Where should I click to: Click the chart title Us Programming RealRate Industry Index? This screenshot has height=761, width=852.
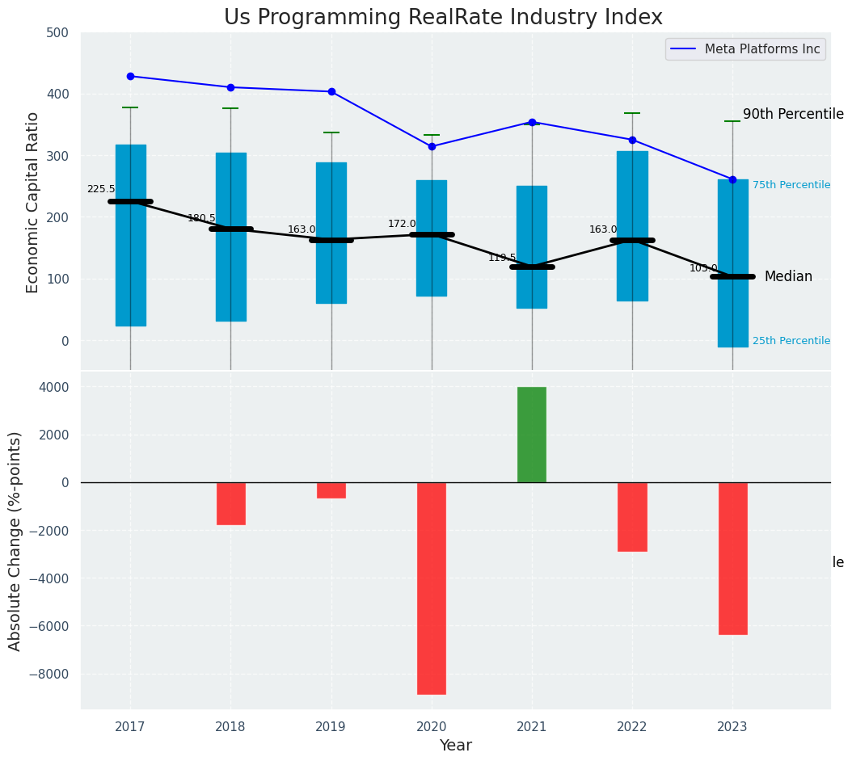coord(443,18)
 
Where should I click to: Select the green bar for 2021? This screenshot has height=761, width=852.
coord(532,435)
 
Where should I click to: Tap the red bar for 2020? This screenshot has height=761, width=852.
coord(432,588)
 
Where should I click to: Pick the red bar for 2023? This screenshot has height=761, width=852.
coord(732,558)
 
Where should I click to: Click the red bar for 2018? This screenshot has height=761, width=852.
coord(230,503)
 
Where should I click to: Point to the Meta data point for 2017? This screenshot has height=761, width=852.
coord(130,77)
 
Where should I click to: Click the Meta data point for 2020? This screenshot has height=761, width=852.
coord(432,147)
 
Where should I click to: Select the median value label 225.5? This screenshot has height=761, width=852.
coord(101,189)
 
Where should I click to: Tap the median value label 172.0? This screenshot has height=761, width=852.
coord(402,224)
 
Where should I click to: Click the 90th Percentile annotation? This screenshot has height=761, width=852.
coord(792,115)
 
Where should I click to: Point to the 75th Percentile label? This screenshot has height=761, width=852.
coord(791,185)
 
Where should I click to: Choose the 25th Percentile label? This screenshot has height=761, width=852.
coord(791,341)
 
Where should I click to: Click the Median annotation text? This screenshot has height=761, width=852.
coord(788,277)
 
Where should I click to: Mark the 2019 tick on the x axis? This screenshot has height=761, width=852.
coord(331,726)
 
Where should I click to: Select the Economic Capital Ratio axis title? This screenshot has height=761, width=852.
coord(33,202)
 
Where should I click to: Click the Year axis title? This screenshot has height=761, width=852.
coord(455,745)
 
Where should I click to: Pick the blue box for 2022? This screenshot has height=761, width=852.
coord(632,226)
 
